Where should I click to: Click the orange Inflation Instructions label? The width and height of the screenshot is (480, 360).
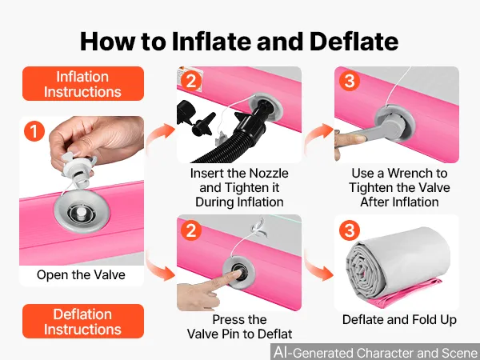pyautogui.click(x=83, y=83)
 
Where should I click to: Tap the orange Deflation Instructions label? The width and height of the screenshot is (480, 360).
pyautogui.click(x=83, y=321)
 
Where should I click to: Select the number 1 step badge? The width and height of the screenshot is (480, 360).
pyautogui.click(x=34, y=131)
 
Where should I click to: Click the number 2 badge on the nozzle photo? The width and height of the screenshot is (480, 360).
pyautogui.click(x=191, y=81)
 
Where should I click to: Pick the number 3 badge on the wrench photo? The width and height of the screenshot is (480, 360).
pyautogui.click(x=350, y=81)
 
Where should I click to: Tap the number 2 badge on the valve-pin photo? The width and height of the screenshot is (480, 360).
pyautogui.click(x=191, y=230)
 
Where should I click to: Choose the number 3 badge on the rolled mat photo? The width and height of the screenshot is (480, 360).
pyautogui.click(x=350, y=230)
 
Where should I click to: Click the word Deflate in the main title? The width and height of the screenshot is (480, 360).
pyautogui.click(x=354, y=42)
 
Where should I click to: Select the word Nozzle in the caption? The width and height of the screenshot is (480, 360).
pyautogui.click(x=268, y=174)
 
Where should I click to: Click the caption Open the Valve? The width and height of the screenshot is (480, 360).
pyautogui.click(x=81, y=274)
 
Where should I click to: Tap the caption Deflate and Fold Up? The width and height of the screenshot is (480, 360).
pyautogui.click(x=399, y=319)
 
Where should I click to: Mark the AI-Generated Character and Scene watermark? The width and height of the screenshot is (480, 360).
pyautogui.click(x=376, y=352)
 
